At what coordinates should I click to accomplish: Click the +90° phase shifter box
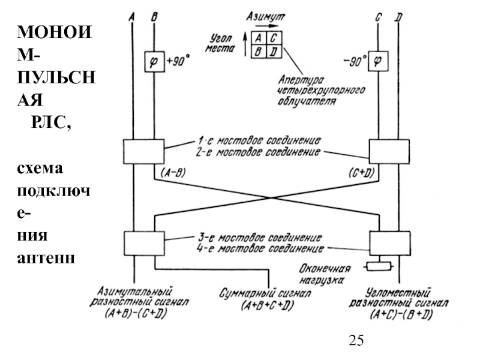coord(154,61)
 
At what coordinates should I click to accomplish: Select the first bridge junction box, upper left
coord(143,152)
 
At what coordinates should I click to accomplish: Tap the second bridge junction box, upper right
coord(389,152)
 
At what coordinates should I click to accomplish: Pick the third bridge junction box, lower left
coord(143,243)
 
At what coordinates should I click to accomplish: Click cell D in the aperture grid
coord(273,52)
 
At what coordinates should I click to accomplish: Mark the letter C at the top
coord(378,17)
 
